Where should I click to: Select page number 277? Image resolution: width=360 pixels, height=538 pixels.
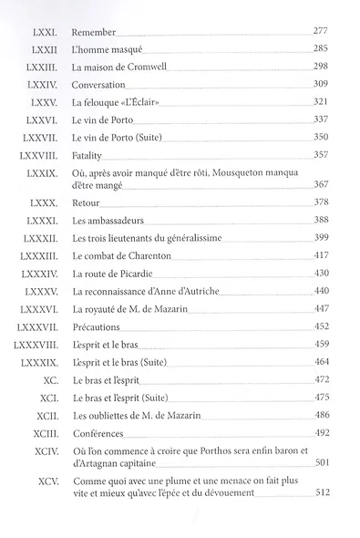tap(318, 30)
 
